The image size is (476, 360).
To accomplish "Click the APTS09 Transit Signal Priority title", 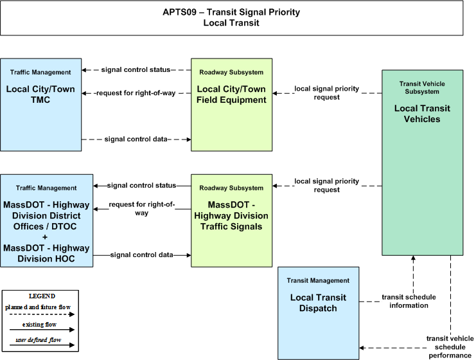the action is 231,17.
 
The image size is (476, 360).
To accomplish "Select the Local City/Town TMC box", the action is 40,105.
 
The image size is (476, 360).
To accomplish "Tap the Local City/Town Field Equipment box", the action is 231,105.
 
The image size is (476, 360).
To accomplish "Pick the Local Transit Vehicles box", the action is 422,163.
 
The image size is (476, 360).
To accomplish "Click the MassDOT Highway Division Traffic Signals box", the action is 231,221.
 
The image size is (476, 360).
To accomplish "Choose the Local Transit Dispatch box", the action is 318,313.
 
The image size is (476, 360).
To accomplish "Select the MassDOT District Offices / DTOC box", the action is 46,221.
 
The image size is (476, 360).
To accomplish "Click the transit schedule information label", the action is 409,301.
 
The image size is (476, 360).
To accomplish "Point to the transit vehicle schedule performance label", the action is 450,347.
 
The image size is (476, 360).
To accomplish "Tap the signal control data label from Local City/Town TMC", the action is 136,139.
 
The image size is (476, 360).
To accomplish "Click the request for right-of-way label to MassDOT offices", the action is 142,208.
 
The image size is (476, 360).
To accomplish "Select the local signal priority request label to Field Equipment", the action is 326,93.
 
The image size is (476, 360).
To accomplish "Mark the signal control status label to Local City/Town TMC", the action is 136,69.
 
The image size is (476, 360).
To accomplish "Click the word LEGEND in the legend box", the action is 42,296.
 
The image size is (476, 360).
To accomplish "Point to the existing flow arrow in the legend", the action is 42,330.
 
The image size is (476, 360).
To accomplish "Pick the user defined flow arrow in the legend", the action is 42,345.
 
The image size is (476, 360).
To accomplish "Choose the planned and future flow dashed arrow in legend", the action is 42,314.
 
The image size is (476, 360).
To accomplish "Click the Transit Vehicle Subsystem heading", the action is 422,87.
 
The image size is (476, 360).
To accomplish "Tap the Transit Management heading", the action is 318,280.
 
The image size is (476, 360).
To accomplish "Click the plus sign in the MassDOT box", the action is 45,237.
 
